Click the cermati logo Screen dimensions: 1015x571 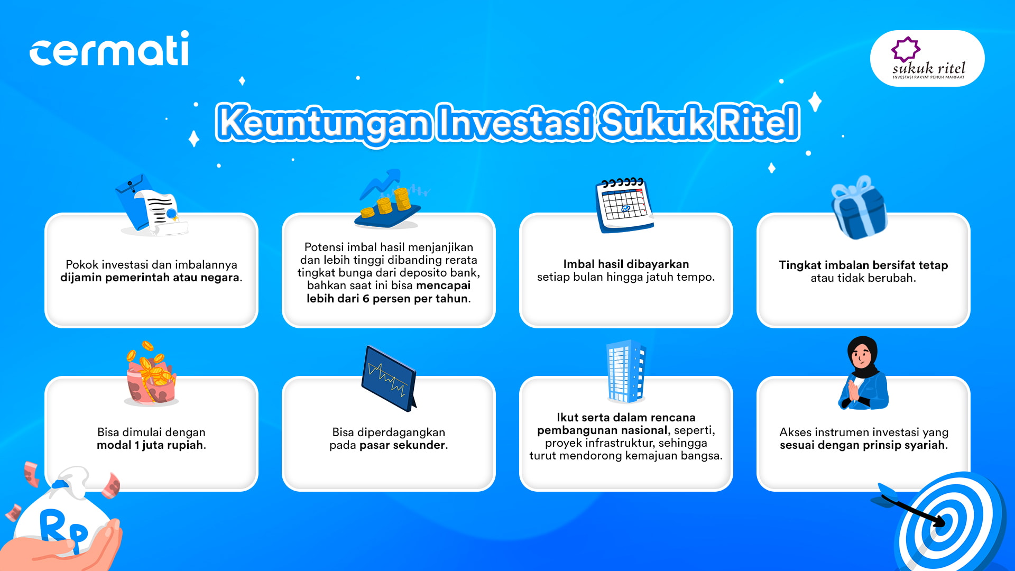[109, 48]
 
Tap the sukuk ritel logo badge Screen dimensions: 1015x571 [927, 58]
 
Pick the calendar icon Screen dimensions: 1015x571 [625, 205]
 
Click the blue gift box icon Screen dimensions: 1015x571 [859, 207]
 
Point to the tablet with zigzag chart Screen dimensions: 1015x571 [389, 379]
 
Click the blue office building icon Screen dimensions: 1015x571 [626, 371]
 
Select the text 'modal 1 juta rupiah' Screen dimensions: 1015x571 [150, 445]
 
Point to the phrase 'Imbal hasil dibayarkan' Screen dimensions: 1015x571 [626, 264]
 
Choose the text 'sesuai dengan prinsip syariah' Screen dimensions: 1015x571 [862, 445]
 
